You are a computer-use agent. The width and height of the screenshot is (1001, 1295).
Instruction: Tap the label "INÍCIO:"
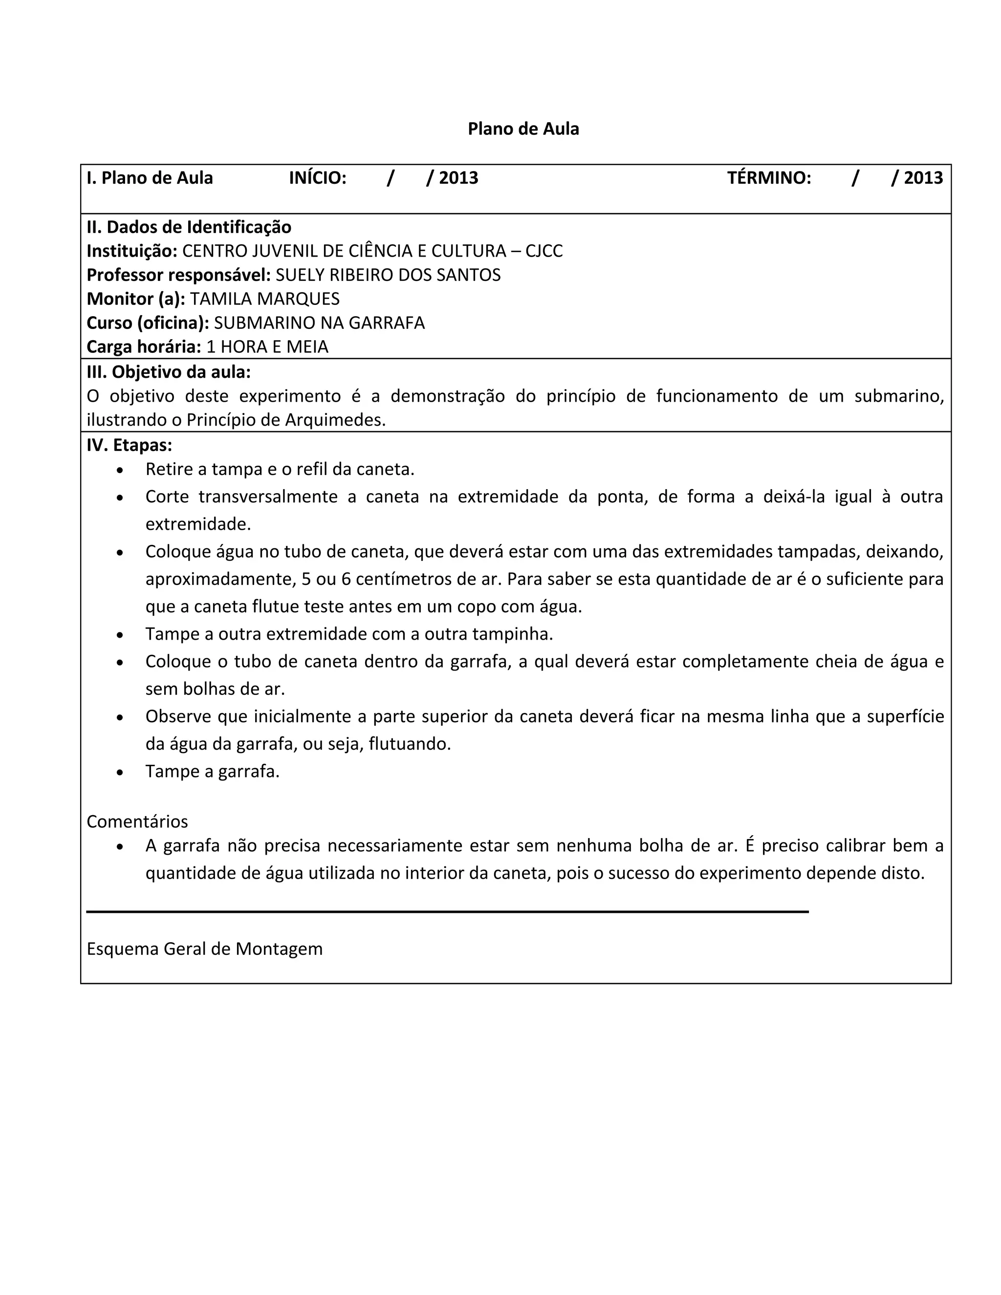tap(317, 178)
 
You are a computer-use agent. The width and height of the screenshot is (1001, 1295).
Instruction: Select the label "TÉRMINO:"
tap(769, 178)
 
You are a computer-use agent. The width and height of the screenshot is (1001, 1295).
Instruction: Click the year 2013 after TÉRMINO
tap(923, 178)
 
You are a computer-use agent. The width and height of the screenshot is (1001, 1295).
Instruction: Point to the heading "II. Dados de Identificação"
tap(189, 227)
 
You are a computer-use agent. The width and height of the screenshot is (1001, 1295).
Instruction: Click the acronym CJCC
tap(544, 251)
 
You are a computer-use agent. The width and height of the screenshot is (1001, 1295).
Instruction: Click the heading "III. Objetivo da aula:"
tap(169, 372)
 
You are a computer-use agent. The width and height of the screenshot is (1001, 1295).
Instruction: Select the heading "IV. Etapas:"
tap(129, 445)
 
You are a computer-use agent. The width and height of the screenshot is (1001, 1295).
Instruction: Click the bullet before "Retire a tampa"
tap(120, 470)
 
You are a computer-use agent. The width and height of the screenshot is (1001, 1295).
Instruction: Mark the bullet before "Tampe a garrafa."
tap(120, 773)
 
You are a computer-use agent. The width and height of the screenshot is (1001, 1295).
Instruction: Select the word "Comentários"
tap(137, 822)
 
